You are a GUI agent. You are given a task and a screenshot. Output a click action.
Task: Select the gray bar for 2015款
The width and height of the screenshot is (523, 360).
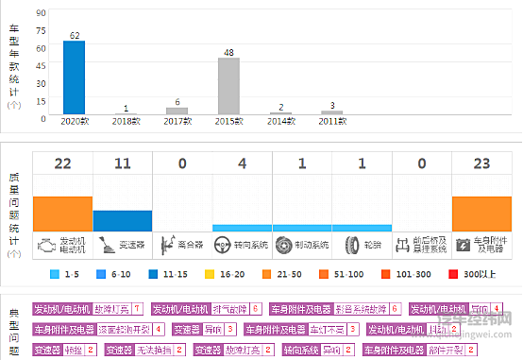click(228, 86)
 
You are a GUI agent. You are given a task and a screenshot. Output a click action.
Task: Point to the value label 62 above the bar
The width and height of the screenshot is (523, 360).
click(74, 35)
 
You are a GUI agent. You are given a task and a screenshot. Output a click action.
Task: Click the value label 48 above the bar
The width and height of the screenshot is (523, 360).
click(228, 52)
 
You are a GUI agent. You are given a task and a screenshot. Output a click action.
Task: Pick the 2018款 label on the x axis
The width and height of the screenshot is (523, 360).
click(126, 123)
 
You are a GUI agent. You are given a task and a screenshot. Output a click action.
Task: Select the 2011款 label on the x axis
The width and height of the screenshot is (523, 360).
click(330, 123)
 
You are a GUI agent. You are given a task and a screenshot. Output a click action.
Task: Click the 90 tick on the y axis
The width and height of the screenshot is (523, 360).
click(42, 13)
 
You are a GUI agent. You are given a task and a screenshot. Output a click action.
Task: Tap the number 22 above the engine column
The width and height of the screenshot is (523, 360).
click(62, 163)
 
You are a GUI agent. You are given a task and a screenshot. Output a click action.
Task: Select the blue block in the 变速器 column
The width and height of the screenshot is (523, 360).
click(123, 221)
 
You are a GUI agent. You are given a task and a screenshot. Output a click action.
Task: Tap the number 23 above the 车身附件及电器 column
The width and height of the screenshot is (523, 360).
click(481, 163)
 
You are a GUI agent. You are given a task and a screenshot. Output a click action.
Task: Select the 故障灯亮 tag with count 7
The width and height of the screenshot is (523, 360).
click(88, 309)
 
